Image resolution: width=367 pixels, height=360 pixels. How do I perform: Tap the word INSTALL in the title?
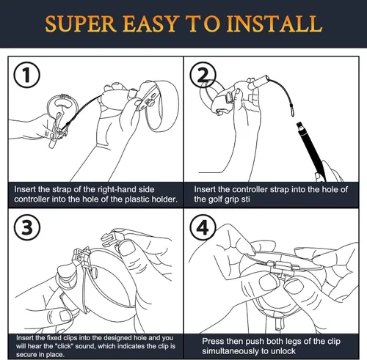point(274,23)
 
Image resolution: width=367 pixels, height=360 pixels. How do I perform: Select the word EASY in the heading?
point(150,23)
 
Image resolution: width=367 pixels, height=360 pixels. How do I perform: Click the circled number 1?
point(26,75)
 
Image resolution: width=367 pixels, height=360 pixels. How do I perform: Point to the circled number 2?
point(203,75)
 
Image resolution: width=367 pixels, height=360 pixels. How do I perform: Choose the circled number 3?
point(27,227)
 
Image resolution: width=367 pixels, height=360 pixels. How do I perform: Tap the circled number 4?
point(203,227)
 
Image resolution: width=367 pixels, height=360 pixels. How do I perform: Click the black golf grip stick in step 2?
point(311,152)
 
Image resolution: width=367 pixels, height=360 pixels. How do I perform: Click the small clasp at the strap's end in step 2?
point(291,111)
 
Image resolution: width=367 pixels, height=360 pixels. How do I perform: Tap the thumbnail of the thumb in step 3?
point(126,247)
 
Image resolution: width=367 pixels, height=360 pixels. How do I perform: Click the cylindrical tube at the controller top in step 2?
point(259,82)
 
